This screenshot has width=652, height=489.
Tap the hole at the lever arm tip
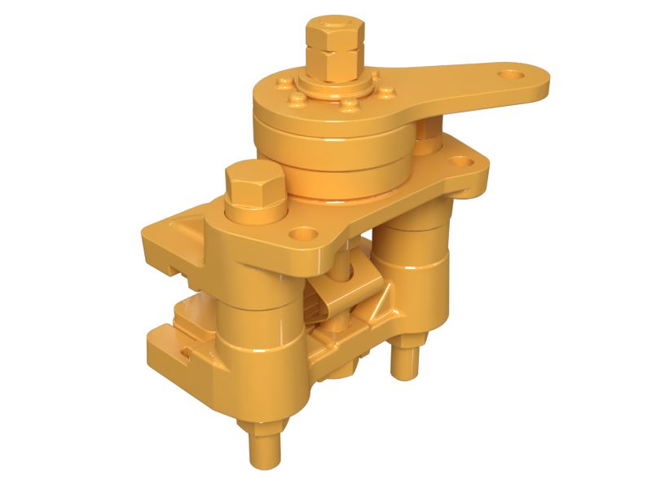(x=512, y=76)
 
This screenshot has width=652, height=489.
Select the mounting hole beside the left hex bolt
(x=307, y=233)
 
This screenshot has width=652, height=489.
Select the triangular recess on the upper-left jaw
(x=186, y=222)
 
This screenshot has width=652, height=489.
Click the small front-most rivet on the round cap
(x=350, y=104)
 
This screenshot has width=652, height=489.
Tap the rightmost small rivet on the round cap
(x=380, y=92)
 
